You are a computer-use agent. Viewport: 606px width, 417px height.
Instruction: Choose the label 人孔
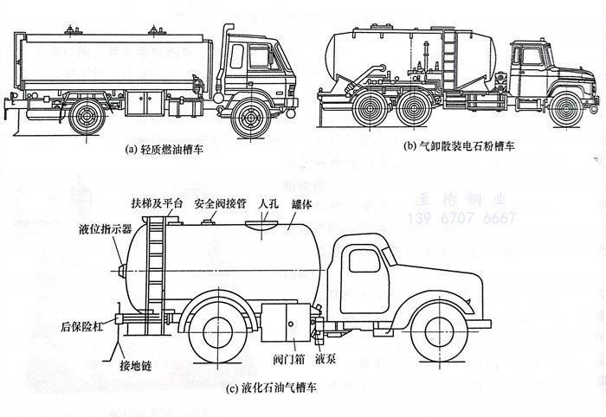[268, 203]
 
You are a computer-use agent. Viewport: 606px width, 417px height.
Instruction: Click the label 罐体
[302, 203]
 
